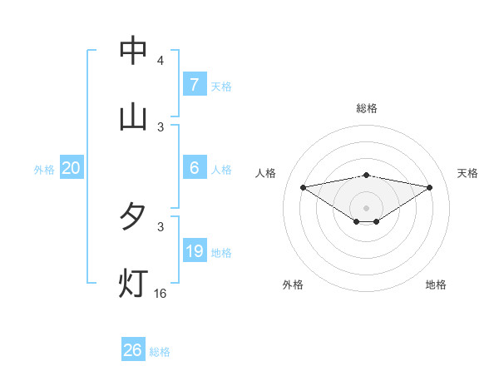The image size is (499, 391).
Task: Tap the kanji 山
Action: (133, 116)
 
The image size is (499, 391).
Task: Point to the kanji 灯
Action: (133, 282)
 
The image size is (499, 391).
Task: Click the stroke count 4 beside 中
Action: (161, 61)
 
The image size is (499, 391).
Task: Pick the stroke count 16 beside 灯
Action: (161, 293)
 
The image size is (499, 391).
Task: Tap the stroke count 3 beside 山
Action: (161, 126)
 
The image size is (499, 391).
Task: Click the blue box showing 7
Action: (195, 85)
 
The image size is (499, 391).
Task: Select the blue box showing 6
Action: (195, 168)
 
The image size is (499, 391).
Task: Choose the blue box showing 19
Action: (195, 251)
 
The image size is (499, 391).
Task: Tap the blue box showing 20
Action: (72, 168)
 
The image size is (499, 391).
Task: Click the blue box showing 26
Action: (133, 350)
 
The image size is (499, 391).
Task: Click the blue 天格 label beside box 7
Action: (221, 86)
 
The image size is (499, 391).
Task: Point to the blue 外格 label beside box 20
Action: (44, 169)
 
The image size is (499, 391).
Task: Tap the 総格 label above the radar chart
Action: (367, 108)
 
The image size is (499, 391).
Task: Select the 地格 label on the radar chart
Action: (436, 285)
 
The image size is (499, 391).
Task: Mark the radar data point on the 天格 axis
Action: (430, 187)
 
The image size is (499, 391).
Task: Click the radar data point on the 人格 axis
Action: (304, 187)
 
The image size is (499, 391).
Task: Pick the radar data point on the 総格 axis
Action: (367, 175)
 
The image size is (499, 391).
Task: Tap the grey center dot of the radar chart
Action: (367, 207)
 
